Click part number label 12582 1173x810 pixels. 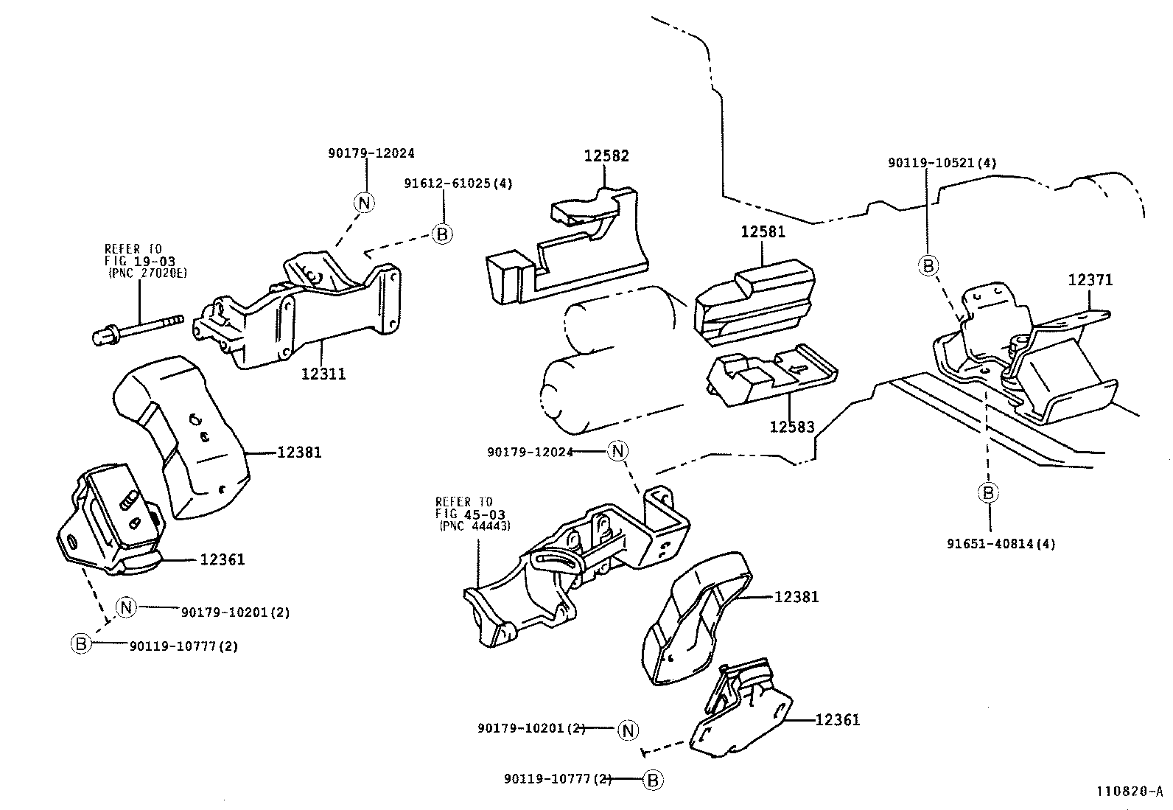coord(607,156)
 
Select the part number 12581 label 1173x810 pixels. coord(763,231)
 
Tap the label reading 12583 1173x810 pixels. coord(792,427)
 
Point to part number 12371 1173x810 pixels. coord(1090,280)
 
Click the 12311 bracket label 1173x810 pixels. coord(323,374)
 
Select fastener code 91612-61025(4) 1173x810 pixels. coord(458,183)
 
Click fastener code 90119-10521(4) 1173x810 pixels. coord(942,163)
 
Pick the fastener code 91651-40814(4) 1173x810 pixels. coord(1001,544)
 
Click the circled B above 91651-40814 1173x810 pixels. coord(988,492)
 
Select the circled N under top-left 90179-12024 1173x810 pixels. coord(365,202)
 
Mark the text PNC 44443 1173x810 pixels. coord(475,526)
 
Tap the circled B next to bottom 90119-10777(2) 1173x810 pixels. coord(653,780)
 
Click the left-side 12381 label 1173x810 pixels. coord(299,453)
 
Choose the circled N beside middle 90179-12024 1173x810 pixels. coord(617,451)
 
